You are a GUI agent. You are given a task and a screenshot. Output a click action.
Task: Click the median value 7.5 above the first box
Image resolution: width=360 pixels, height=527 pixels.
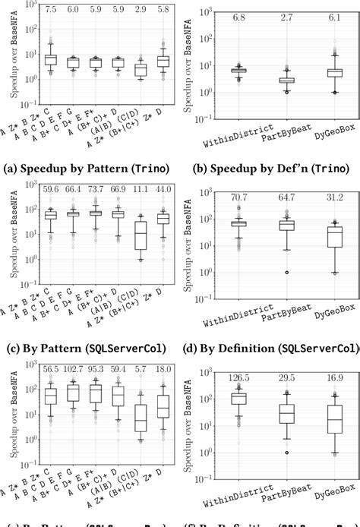pyautogui.click(x=51, y=10)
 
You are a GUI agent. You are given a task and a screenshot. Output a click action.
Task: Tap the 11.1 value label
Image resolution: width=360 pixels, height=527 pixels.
pyautogui.click(x=141, y=188)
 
